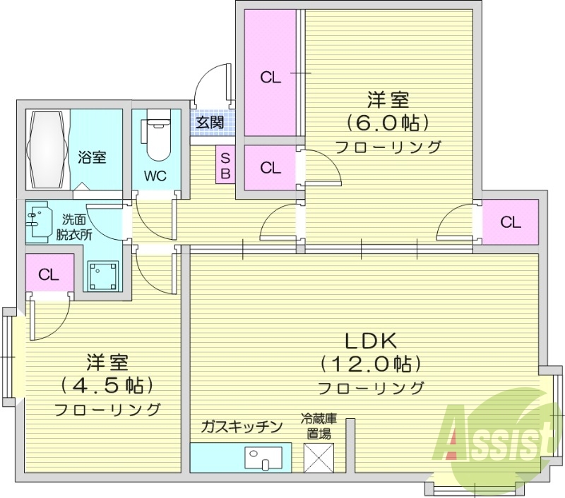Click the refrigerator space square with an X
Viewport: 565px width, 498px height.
click(320, 457)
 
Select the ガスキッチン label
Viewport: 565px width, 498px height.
click(242, 426)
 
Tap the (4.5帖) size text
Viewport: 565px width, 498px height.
click(107, 385)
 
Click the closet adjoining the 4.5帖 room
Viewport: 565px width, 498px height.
click(48, 274)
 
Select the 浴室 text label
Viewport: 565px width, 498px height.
click(92, 157)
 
